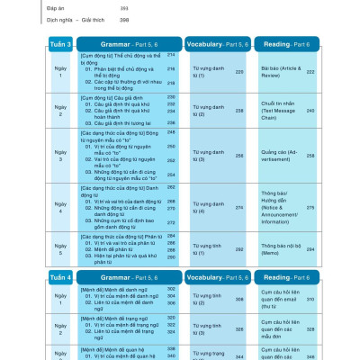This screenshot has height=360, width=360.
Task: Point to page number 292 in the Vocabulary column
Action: coord(239,247)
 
